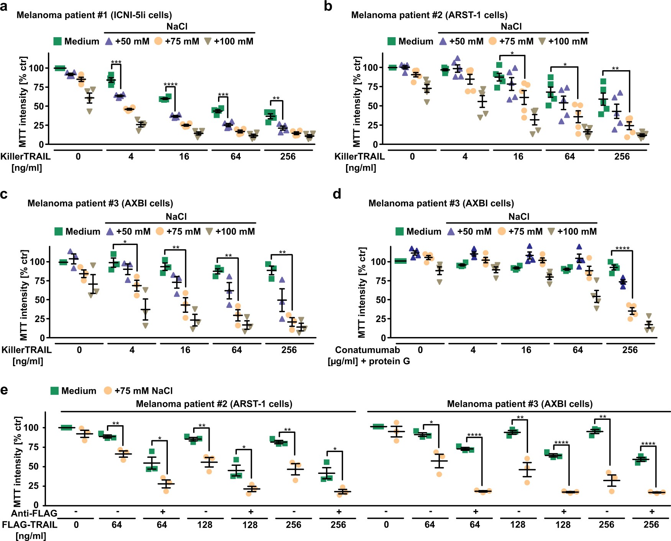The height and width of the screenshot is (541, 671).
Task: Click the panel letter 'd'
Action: click(337, 194)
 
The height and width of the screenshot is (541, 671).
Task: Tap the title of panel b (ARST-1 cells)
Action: click(429, 15)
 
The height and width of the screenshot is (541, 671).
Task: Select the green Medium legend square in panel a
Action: click(57, 41)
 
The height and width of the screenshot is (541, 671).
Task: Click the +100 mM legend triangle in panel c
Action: click(209, 231)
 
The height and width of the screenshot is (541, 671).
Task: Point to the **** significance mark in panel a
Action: click(171, 85)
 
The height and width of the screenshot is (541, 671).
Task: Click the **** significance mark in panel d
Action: click(622, 248)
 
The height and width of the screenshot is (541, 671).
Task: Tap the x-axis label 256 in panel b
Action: click(622, 156)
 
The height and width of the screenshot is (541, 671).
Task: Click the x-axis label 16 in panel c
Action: click(185, 350)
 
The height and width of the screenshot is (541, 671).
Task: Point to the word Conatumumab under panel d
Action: click(367, 350)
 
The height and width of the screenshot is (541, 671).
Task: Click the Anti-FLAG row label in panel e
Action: click(34, 513)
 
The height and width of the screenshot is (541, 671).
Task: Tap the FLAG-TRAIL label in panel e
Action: click(30, 525)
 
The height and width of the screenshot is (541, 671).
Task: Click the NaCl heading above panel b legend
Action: click(511, 26)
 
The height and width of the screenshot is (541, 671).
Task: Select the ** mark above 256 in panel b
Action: click(615, 69)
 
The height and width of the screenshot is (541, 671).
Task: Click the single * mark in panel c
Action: click(125, 242)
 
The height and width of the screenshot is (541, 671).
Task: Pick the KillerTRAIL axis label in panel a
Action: click(25, 156)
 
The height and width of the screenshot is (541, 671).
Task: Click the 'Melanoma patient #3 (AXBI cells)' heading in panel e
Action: click(520, 404)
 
